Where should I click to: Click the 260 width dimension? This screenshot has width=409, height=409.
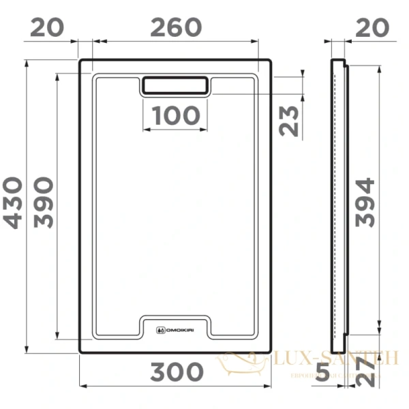(176, 27)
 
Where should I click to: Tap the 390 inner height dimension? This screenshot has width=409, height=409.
(42, 203)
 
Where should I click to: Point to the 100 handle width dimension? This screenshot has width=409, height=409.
(177, 117)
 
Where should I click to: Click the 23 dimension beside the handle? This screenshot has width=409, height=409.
(289, 121)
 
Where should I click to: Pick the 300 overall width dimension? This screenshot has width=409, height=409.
(177, 372)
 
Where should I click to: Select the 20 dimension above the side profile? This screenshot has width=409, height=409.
(372, 27)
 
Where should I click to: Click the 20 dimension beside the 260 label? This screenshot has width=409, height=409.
(48, 27)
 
